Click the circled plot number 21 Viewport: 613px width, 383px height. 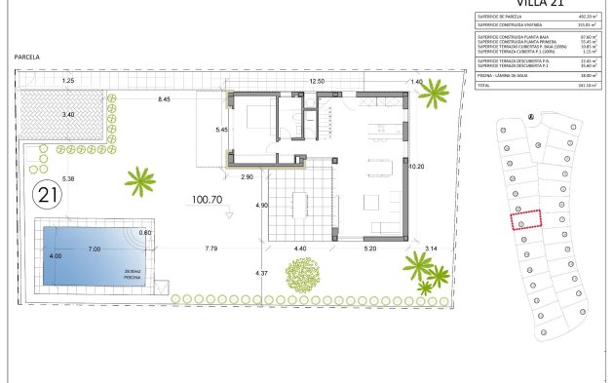coord(45,194)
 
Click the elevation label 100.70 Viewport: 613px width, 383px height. coord(208,199)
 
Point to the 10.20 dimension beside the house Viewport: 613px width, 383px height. coord(416,167)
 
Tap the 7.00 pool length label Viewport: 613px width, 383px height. coord(94,249)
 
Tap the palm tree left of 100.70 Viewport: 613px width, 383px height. coord(140,179)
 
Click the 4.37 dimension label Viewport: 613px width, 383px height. coord(260,272)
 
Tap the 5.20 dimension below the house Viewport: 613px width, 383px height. coord(370,249)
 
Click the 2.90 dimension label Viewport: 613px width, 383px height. coord(248,176)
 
